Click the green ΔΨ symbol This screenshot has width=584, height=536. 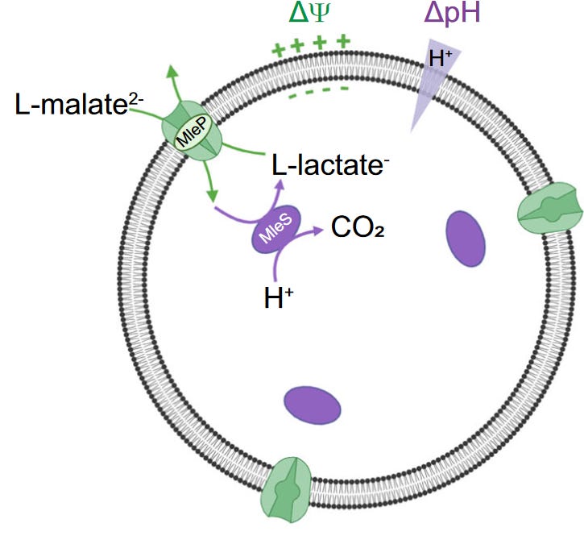point(313,14)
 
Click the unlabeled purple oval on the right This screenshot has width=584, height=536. point(466,239)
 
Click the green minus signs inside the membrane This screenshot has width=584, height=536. point(318,95)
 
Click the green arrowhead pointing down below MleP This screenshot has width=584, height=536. point(212,197)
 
